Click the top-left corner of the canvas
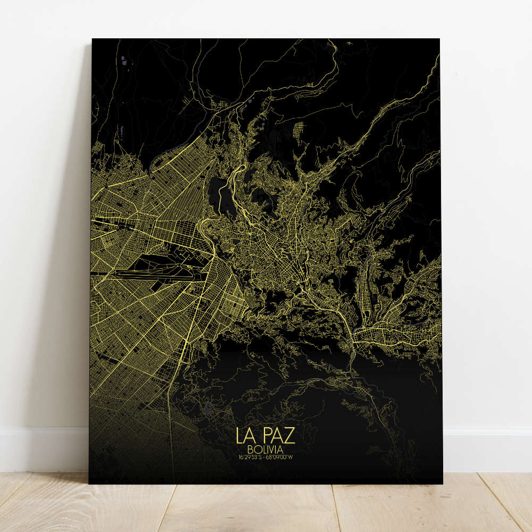click(x=92, y=39)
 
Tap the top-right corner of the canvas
click(x=439, y=39)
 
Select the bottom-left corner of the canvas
click(x=89, y=483)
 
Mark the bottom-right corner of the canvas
click(x=442, y=484)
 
